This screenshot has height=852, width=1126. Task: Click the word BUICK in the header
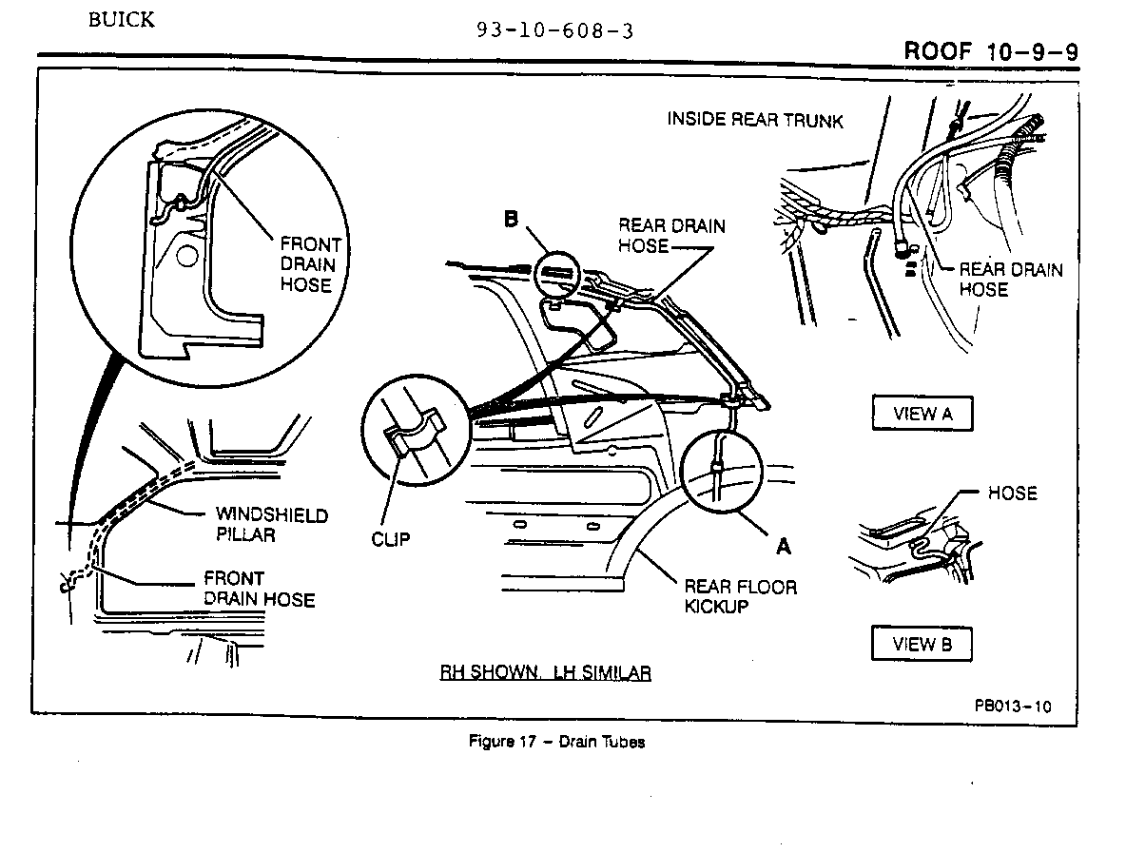[x=121, y=20]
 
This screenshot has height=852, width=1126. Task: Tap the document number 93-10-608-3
[x=555, y=30]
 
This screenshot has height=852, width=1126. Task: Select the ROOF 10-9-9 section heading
[x=991, y=50]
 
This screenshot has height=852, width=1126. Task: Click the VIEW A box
[x=922, y=413]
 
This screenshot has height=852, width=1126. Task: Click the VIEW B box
[x=922, y=644]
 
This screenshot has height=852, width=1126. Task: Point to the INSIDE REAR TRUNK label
[x=755, y=120]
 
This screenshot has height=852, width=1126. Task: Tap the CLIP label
[x=391, y=538]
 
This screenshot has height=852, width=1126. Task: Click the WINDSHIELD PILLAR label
[x=271, y=524]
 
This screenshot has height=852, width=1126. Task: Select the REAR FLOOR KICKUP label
[x=740, y=596]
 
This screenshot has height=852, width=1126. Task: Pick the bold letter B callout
[x=511, y=220]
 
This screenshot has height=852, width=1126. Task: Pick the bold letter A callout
[x=784, y=546]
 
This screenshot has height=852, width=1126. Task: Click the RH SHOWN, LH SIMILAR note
[x=545, y=673]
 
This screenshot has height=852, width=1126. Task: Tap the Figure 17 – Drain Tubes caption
[x=556, y=742]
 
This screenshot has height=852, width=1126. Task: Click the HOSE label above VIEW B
[x=1012, y=493]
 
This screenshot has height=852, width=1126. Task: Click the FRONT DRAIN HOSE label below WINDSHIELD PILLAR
[x=259, y=589]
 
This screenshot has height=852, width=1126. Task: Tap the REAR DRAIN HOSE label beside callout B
[x=671, y=236]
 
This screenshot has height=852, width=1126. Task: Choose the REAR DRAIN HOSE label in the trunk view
[x=1010, y=279]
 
